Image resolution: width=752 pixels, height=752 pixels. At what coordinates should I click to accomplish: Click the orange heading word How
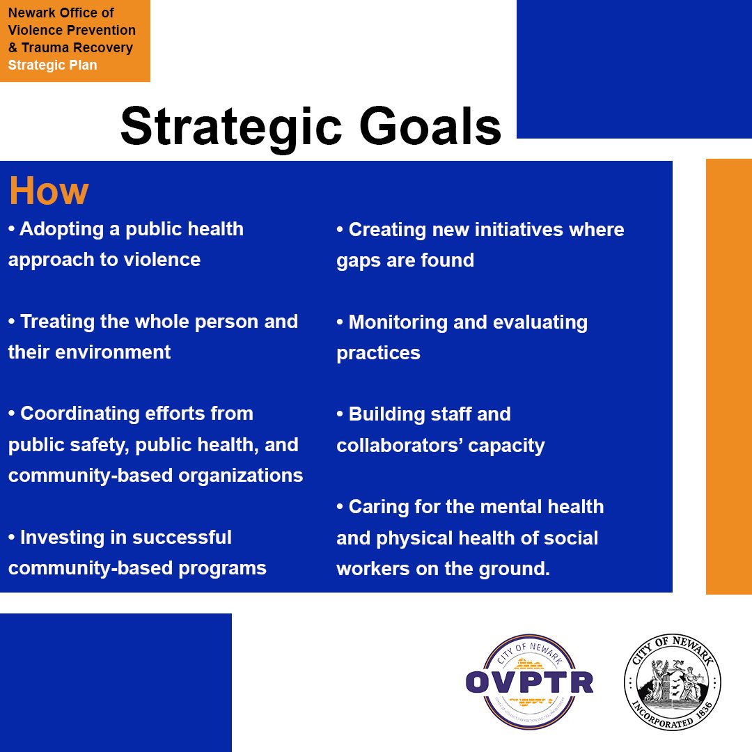[49, 191]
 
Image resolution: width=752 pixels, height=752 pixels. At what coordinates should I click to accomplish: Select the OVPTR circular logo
[529, 682]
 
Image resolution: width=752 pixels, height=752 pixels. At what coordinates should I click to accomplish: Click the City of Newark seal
[672, 682]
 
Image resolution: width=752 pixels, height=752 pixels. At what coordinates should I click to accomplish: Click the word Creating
[387, 230]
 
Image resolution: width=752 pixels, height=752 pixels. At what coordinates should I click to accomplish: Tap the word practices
[378, 353]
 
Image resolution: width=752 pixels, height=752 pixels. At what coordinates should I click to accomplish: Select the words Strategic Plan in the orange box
[53, 65]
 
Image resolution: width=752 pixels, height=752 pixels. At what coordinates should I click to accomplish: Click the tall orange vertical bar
[728, 376]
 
